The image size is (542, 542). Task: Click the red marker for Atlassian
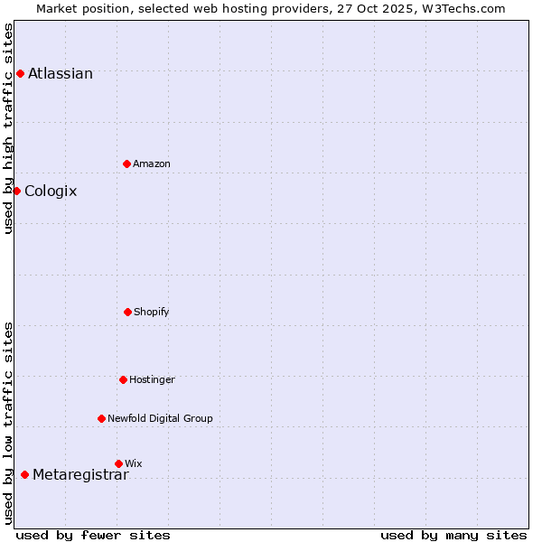[20, 73]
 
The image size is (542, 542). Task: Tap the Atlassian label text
[61, 74]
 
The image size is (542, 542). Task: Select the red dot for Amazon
[126, 164]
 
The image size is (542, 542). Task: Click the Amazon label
[152, 164]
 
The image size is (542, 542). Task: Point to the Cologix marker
[16, 191]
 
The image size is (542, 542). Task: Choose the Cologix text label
[51, 192]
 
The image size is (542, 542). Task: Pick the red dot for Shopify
[127, 312]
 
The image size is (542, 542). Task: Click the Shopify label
[152, 313]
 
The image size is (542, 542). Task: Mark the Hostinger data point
[123, 379]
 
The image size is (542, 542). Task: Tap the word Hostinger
[152, 380]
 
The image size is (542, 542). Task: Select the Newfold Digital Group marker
[101, 418]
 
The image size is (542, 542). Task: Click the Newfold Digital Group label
[160, 419]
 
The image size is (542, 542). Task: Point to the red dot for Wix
[118, 463]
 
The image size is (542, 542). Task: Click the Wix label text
[134, 463]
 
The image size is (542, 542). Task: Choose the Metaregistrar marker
[24, 474]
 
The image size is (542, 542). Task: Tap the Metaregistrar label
[80, 476]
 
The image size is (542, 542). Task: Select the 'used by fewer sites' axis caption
[93, 535]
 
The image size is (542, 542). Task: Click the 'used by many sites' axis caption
[453, 535]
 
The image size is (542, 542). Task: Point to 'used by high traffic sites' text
[8, 128]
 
